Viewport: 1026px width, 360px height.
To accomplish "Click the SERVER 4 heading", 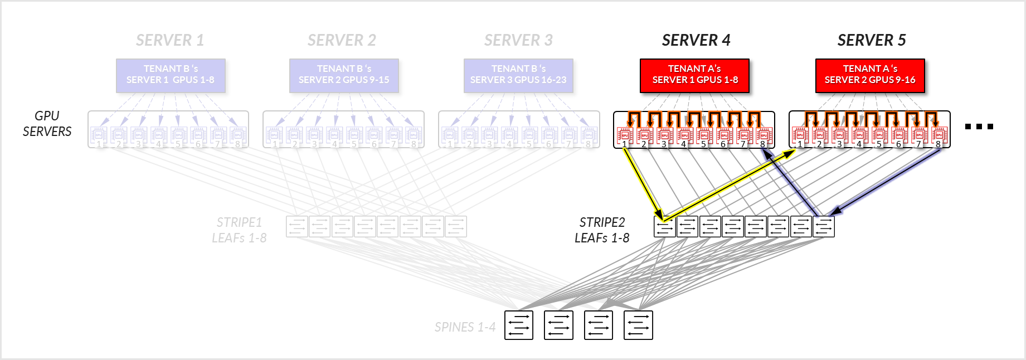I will [x=696, y=40].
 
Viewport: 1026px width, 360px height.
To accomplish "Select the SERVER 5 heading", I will [x=871, y=40].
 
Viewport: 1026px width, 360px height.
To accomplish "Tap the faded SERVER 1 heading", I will [x=170, y=40].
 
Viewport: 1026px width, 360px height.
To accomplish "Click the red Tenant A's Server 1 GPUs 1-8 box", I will [x=694, y=75].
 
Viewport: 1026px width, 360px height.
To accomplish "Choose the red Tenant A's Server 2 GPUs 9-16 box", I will [x=870, y=75].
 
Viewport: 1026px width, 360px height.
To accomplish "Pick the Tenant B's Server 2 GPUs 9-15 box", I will [x=344, y=75].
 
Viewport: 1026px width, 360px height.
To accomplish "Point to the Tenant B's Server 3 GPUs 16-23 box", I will [x=518, y=75].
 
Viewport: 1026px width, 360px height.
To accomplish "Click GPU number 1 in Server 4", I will [x=625, y=135].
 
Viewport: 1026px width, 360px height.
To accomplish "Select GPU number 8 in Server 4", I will [x=764, y=135].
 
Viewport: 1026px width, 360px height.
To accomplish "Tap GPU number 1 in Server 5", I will [x=800, y=135].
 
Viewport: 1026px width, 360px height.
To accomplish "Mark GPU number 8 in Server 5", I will [x=939, y=135].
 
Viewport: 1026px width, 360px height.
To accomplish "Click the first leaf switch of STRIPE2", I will [x=664, y=227].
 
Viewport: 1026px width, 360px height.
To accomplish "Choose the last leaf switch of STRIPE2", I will [x=824, y=227].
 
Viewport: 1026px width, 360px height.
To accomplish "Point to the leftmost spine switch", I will [x=519, y=325].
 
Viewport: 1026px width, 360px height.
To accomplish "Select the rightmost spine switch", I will [x=638, y=325].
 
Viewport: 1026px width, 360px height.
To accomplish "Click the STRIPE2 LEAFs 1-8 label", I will [x=602, y=230].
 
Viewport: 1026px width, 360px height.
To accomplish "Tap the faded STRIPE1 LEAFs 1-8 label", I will [x=239, y=230].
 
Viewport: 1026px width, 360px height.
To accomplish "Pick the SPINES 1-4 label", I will [x=465, y=327].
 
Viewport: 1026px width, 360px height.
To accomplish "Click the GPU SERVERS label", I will [x=47, y=124].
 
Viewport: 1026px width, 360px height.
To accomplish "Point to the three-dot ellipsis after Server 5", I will [x=979, y=127].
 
